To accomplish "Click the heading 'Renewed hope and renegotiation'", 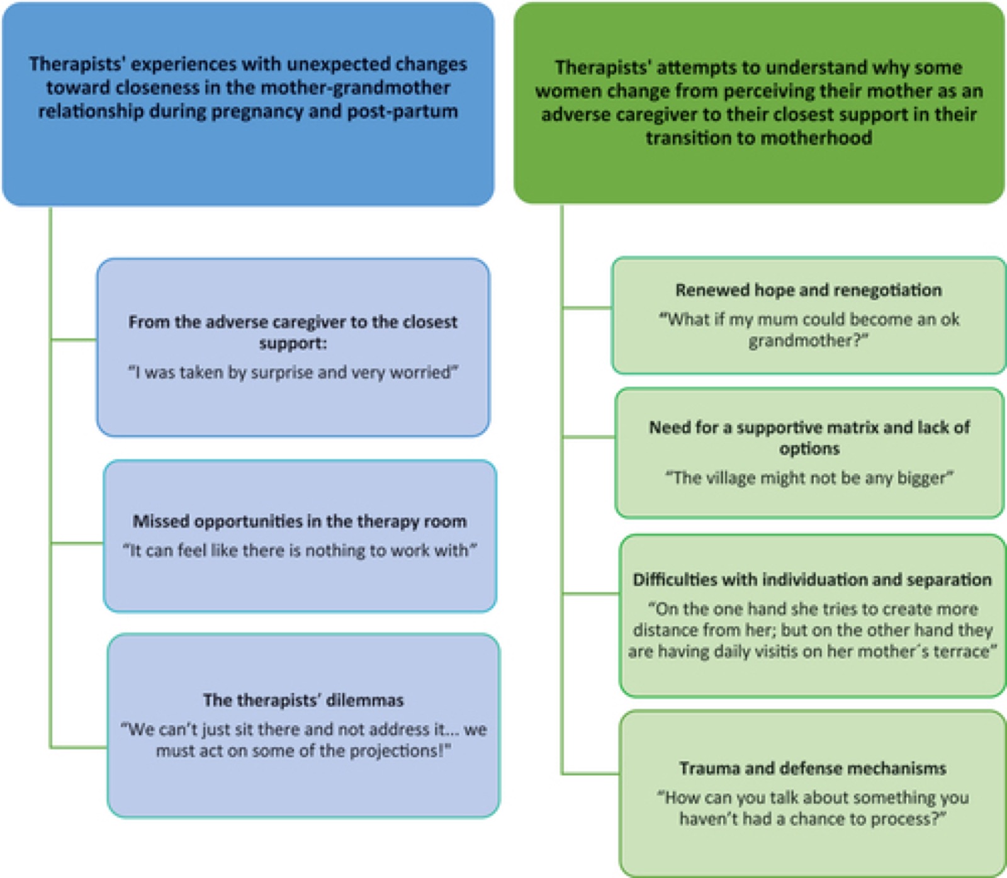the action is coord(809,290).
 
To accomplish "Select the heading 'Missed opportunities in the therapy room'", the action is coord(300,521).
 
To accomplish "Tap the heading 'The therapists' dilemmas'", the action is coord(303,701).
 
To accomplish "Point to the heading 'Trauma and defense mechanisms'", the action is coord(813,768).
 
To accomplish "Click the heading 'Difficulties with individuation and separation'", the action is coord(813,580).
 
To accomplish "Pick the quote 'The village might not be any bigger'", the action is coord(809,478).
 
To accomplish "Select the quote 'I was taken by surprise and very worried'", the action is coord(293,373).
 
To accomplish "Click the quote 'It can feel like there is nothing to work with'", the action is coord(300,550).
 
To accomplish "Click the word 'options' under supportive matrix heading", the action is coord(809,449).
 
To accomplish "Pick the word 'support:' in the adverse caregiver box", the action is coord(293,344).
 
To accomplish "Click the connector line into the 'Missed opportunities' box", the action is coord(77,543).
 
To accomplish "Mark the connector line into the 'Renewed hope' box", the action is coord(587,308).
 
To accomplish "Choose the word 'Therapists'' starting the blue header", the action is coord(77,64).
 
